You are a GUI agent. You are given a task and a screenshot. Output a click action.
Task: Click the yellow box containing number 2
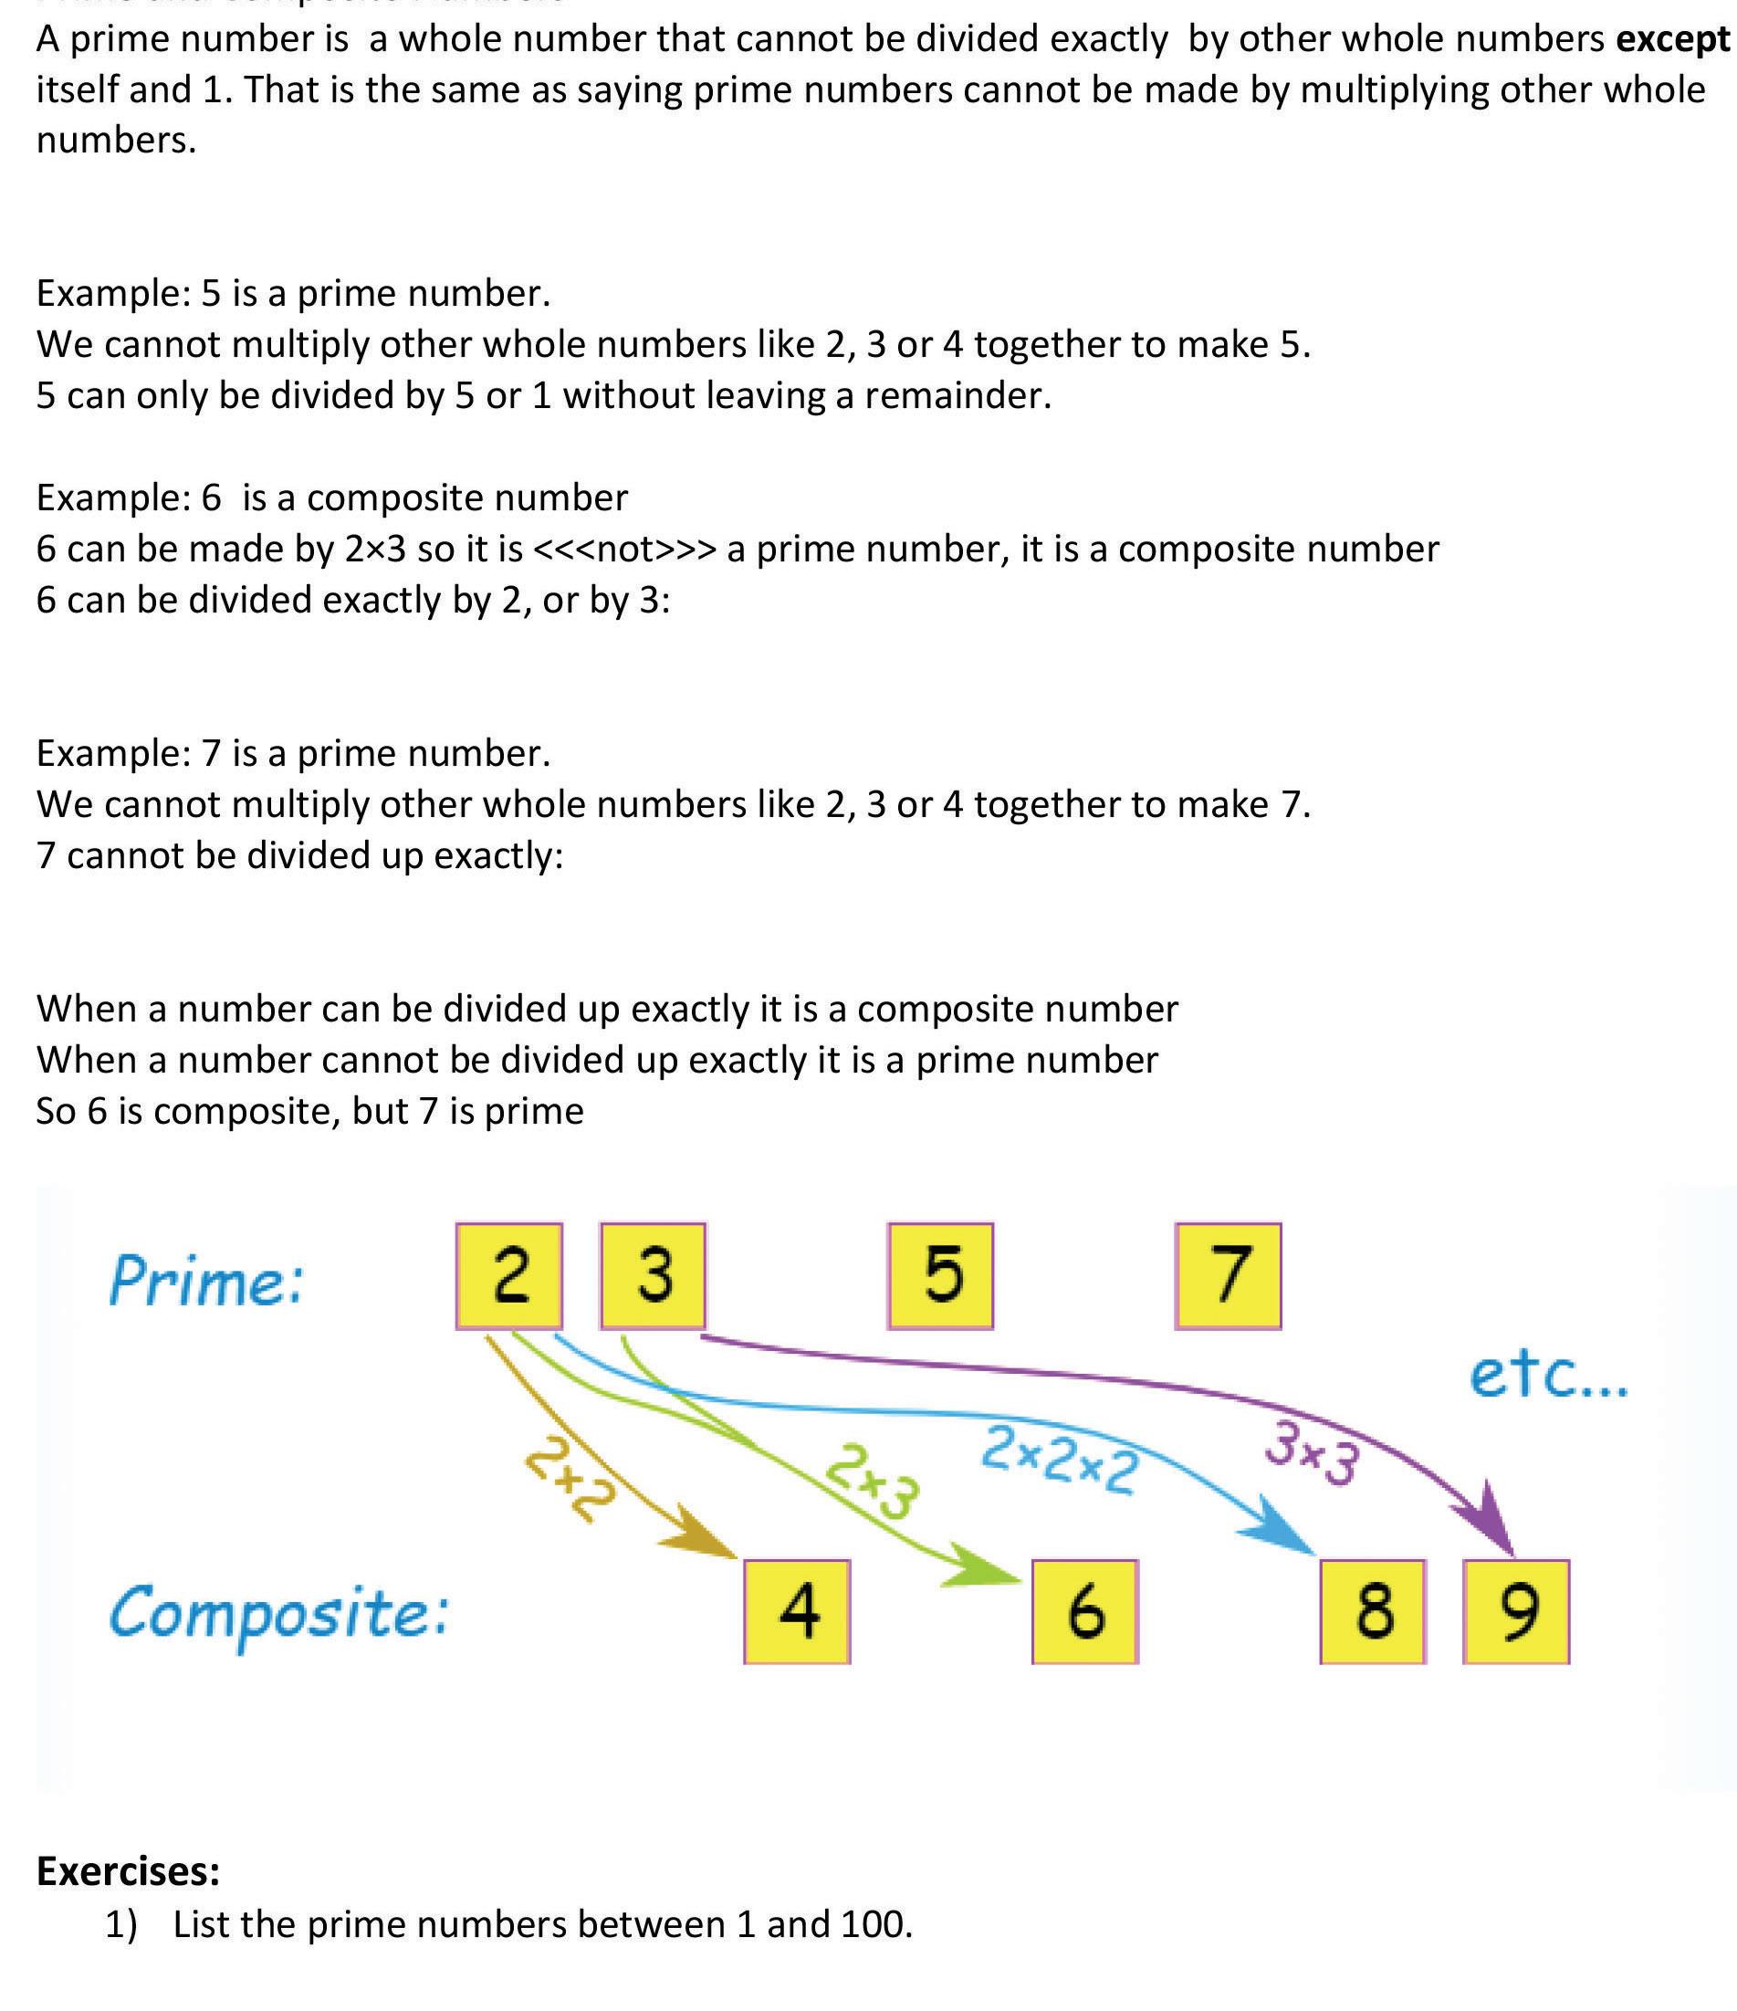[x=508, y=1274]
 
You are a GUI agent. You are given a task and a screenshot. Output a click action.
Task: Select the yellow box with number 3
[x=653, y=1274]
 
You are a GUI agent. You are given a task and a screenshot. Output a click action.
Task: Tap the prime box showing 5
[x=940, y=1274]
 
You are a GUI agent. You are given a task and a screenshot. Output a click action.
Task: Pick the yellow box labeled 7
[x=1228, y=1274]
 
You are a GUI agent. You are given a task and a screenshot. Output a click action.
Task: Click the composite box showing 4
[x=797, y=1611]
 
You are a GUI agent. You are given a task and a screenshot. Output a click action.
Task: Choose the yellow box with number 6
[x=1084, y=1611]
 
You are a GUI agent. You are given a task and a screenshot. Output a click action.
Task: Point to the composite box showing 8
[x=1372, y=1611]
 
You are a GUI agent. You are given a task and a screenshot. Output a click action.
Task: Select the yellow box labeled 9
[x=1516, y=1611]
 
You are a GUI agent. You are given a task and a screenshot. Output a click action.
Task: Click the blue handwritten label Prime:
[x=206, y=1281]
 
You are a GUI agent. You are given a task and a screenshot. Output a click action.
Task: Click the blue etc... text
[x=1549, y=1377]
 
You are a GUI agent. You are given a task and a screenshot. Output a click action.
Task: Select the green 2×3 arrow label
[x=872, y=1480]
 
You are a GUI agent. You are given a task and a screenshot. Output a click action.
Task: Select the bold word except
[x=1673, y=39]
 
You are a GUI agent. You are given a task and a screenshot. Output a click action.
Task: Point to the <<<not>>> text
[x=625, y=550]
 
